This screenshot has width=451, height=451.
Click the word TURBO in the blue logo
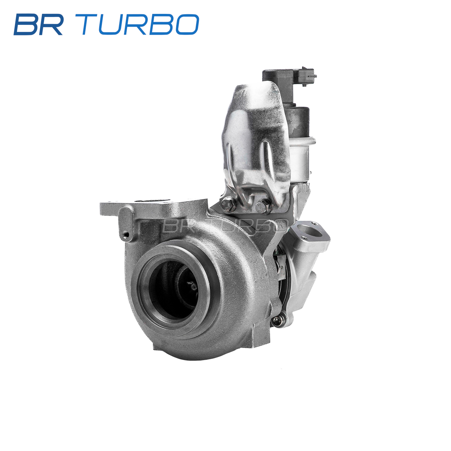point(140,24)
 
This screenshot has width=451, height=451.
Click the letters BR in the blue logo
point(39,24)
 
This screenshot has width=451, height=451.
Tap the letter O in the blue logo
point(187,24)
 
